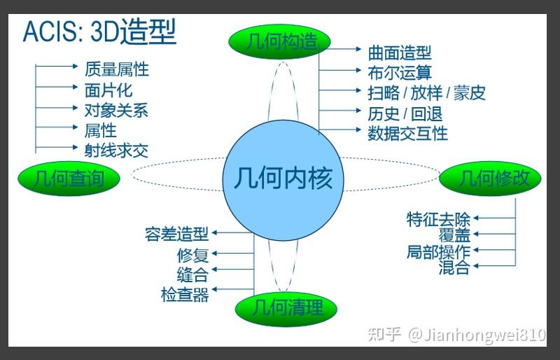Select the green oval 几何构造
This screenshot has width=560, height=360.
279,42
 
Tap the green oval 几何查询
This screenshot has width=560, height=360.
68,179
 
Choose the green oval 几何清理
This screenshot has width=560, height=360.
286,307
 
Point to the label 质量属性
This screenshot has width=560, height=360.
116,69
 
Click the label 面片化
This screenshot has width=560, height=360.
108,90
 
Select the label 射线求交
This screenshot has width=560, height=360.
116,150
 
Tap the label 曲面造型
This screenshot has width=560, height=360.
400,53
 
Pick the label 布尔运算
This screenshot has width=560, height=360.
400,72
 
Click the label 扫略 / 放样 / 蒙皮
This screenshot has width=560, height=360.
426,92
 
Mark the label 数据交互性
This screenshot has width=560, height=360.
407,133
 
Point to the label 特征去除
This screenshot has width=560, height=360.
438,219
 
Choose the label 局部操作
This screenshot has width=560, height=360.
438,251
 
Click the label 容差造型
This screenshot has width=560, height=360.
177,234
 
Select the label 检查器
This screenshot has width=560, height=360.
185,294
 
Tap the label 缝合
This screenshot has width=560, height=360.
193,274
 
